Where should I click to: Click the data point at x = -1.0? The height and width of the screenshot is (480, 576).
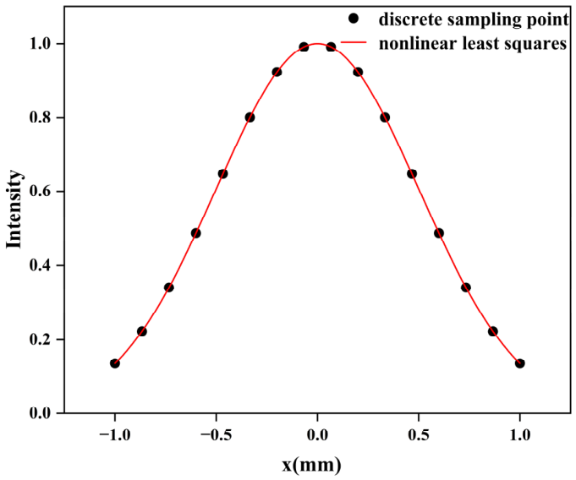point(115,363)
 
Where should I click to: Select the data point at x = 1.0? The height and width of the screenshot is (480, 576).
point(519,363)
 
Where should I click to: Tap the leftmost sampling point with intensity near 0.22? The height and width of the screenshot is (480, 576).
point(142,331)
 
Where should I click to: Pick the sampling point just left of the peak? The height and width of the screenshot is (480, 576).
point(304,47)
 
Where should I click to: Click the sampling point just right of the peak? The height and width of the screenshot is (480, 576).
point(331,47)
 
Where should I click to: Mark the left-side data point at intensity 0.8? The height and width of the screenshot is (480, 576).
point(250,117)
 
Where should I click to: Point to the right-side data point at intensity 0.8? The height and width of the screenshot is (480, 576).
point(385,117)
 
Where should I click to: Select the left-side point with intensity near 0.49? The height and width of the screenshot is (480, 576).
point(196,233)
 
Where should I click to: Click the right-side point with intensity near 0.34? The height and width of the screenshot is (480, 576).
point(465,287)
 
